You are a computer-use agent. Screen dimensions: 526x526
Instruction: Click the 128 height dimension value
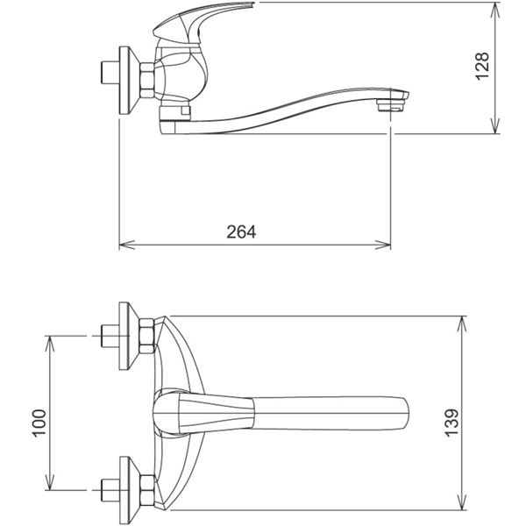[482, 66]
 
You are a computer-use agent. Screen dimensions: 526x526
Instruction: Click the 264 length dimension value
[241, 231]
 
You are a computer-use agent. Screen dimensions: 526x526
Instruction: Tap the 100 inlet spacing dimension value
[39, 423]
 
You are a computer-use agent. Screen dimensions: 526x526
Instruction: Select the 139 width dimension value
[451, 423]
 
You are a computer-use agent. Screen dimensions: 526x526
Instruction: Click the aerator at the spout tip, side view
[390, 104]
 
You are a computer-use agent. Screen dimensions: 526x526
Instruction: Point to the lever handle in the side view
[202, 22]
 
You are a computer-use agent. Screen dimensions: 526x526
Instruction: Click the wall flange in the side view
[129, 81]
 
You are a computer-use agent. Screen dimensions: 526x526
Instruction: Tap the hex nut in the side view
[147, 81]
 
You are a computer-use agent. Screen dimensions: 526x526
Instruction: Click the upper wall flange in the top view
[129, 336]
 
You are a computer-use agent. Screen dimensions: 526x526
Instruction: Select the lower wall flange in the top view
[129, 490]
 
